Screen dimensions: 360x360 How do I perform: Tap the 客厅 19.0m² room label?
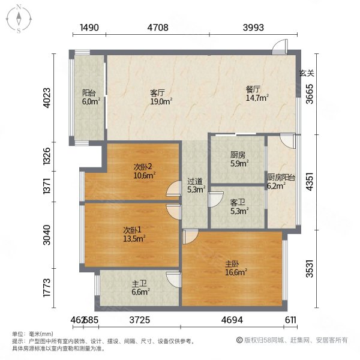pos(158,98)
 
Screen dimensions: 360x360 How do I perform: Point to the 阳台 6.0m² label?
pos(89,97)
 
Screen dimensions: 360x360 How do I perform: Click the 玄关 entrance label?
pos(307,73)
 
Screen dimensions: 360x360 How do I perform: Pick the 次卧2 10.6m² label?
pos(145,172)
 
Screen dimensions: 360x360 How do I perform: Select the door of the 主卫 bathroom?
pos(173,279)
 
